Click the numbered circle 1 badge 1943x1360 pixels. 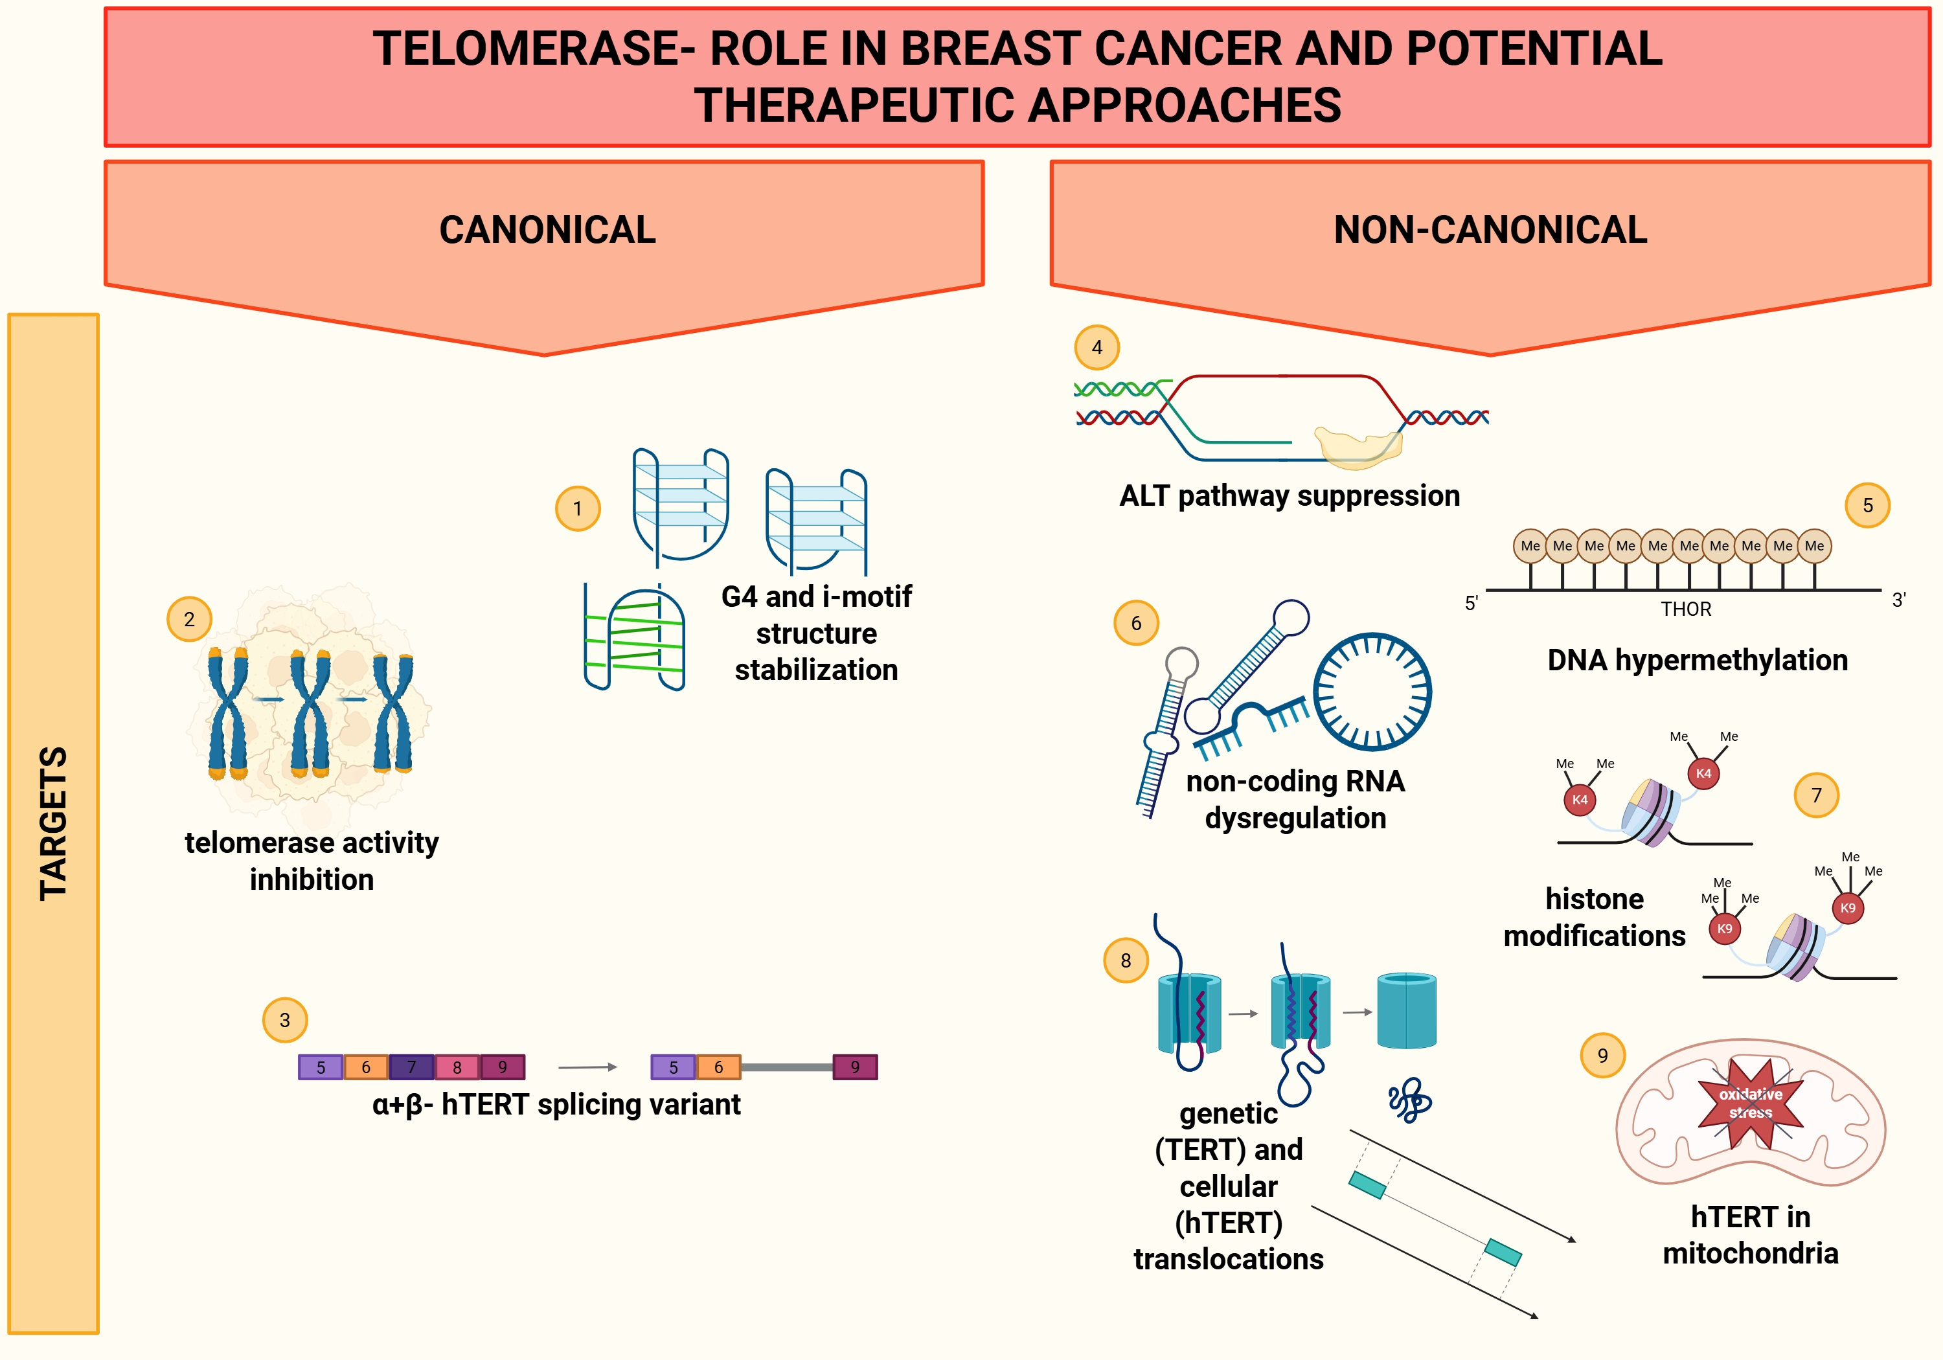(577, 508)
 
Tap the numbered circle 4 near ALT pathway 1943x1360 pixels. (1096, 347)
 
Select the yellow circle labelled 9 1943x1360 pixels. (1602, 1056)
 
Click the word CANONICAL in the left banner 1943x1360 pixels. (547, 229)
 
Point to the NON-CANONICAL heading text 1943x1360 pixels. (1490, 229)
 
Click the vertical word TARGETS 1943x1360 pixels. (53, 822)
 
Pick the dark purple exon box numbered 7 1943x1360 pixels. (411, 1067)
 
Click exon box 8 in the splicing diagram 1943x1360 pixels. (457, 1067)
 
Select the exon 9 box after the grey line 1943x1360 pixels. (855, 1067)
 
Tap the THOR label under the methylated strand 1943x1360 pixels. (1685, 609)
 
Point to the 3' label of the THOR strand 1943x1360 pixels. (1898, 600)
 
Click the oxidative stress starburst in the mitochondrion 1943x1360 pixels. (1750, 1104)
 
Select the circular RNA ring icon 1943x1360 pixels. (1372, 692)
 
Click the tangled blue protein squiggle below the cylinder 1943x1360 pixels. (1409, 1100)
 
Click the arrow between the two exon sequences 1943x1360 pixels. (587, 1067)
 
